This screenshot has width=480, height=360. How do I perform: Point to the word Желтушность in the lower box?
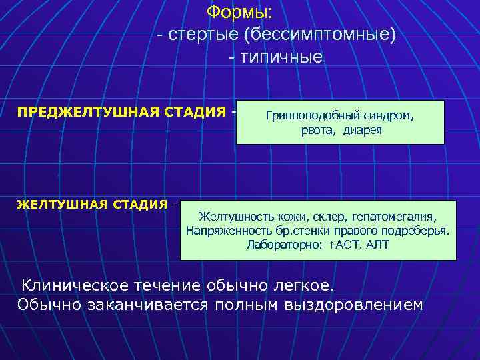tap(231, 217)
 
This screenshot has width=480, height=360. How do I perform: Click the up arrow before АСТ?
tap(331, 245)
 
